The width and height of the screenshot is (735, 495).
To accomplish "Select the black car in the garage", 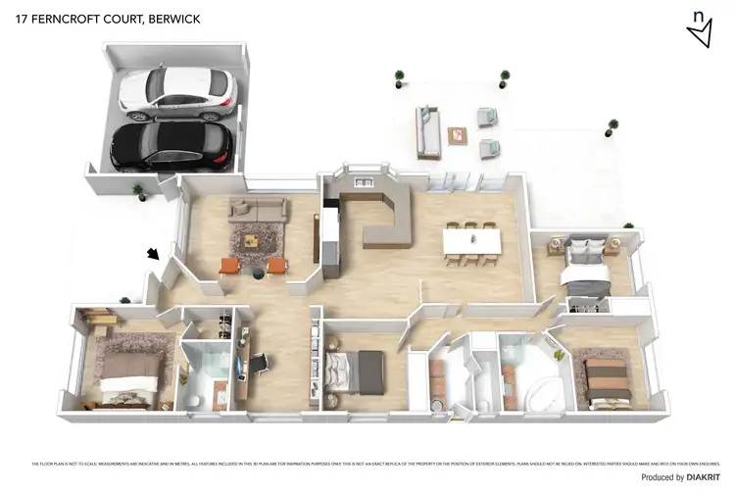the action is (x=171, y=143).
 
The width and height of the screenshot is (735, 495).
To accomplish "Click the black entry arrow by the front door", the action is (x=153, y=254).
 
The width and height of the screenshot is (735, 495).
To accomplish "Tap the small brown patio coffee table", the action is (x=458, y=136).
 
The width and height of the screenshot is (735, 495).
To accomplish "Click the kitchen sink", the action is (x=361, y=180).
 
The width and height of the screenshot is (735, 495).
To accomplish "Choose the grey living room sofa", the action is (x=258, y=209).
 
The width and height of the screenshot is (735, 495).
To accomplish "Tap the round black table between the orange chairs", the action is (x=256, y=272).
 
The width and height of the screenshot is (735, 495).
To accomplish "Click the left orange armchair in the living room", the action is (x=229, y=267).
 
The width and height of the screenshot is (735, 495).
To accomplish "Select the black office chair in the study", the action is (x=259, y=363).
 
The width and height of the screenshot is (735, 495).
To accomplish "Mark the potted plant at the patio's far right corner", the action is (x=613, y=126).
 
